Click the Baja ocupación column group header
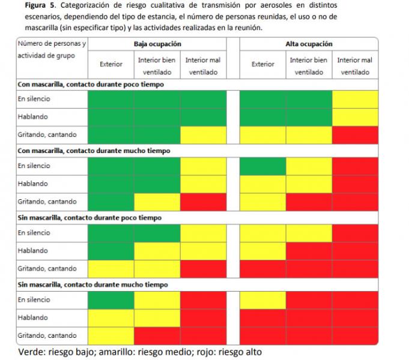pyautogui.click(x=157, y=44)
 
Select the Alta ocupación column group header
pyautogui.click(x=309, y=44)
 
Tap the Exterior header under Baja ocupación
pyautogui.click(x=111, y=64)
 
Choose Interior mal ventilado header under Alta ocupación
pyautogui.click(x=354, y=66)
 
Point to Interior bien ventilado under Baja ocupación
pyautogui.click(x=157, y=66)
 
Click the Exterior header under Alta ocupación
pyautogui.click(x=262, y=64)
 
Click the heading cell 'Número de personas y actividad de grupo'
pyautogui.click(x=52, y=49)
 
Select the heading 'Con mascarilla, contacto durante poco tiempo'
pyautogui.click(x=90, y=85)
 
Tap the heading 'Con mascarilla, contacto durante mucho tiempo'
pyautogui.click(x=93, y=151)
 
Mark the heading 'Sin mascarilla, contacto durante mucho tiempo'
pyautogui.click(x=92, y=284)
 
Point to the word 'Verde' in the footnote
pyautogui.click(x=31, y=352)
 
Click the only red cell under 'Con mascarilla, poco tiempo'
pyautogui.click(x=355, y=135)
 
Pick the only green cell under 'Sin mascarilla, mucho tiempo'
pyautogui.click(x=111, y=299)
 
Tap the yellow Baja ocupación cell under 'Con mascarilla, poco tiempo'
pyautogui.click(x=203, y=135)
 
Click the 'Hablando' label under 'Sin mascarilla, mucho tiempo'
pyautogui.click(x=32, y=317)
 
